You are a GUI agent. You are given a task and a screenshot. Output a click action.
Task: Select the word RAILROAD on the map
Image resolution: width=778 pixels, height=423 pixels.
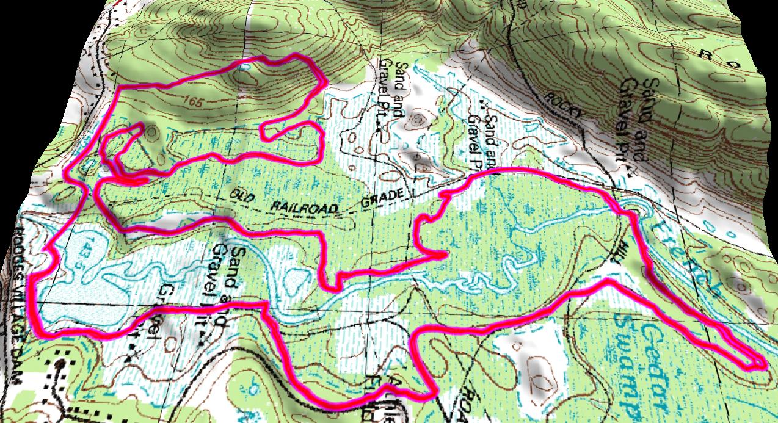coord(304,205)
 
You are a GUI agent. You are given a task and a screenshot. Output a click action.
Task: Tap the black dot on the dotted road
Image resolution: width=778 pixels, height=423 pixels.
coord(59,365)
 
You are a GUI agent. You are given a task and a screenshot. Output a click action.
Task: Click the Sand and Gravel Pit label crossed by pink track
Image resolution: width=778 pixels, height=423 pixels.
coord(224,287)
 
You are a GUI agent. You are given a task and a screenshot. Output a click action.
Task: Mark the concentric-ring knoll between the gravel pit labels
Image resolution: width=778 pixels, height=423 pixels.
coord(418,119)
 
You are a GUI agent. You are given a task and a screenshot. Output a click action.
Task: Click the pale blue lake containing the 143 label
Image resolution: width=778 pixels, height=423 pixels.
coord(98,293)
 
